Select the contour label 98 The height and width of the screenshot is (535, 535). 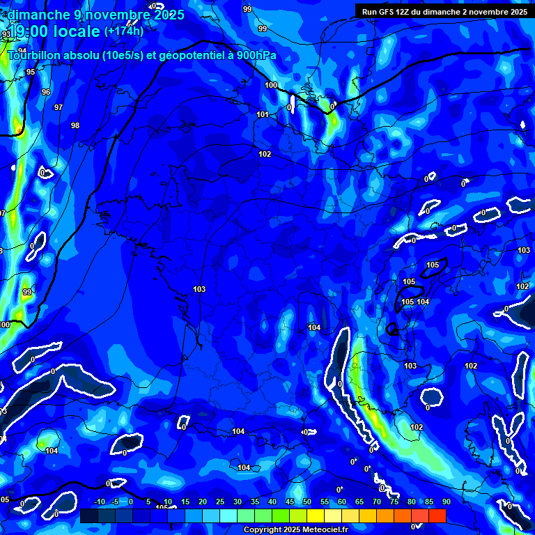75,126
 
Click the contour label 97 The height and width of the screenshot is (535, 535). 59,108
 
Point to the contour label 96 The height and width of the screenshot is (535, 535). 46,92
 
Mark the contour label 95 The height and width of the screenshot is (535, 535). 31,72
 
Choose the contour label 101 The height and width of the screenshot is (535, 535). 263,115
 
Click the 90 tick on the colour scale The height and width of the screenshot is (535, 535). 446,502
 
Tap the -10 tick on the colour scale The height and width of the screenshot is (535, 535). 100,502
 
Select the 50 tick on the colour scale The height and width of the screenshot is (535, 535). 307,502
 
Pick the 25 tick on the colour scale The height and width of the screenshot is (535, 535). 220,502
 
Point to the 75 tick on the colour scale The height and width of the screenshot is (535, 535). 394,502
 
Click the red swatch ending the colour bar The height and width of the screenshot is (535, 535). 437,515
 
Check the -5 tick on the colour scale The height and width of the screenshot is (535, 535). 116,502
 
